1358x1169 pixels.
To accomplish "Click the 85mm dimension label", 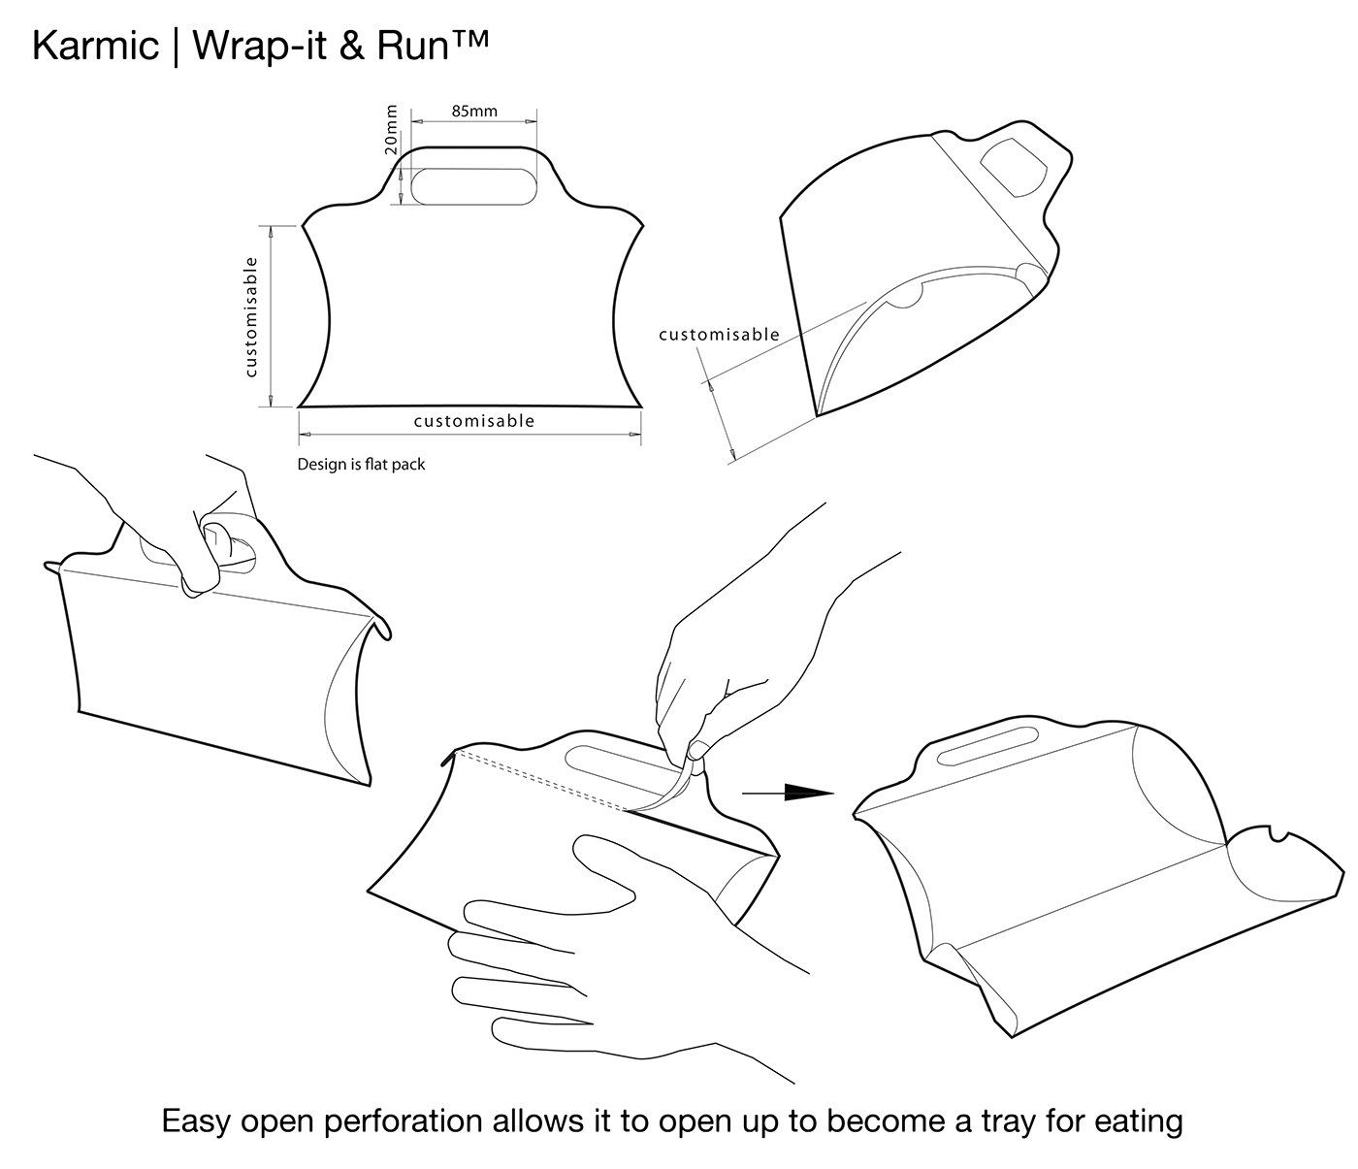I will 474,111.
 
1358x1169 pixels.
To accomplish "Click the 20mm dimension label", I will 390,130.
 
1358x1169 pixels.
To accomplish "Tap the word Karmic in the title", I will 95,46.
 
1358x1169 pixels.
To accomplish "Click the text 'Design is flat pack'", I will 361,465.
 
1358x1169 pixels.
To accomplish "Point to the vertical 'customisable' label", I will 251,317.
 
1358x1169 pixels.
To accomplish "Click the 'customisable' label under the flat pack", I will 473,420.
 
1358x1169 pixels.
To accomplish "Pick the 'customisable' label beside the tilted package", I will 719,335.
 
